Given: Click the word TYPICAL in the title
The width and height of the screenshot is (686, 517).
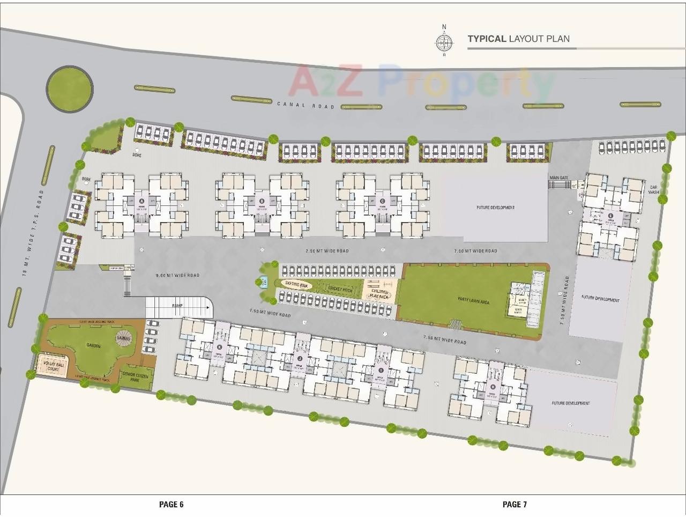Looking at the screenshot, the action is pos(487,39).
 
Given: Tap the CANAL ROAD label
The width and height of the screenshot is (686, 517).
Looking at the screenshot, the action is pos(305,106).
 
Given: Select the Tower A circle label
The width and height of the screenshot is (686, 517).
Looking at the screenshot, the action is pos(141,201).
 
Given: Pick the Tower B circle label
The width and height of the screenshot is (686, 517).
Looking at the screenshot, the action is pos(262,201).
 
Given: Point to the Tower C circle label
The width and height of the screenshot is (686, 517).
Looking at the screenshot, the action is pos(382,201).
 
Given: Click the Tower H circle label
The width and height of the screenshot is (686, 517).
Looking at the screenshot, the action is pos(492,387).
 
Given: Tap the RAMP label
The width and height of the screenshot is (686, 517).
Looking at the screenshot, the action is pos(177,305).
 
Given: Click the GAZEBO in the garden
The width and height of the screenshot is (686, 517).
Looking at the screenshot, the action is pos(126,338).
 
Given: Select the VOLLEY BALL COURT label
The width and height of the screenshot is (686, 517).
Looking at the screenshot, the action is pos(53,366).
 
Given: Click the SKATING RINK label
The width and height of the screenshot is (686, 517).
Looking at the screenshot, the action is pos(295,284).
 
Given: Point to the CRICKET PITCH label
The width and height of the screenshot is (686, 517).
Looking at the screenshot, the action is pos(340,290).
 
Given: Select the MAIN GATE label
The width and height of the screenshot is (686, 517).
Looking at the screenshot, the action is pos(558,178).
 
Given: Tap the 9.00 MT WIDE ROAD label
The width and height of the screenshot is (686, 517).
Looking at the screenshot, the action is pos(177,275).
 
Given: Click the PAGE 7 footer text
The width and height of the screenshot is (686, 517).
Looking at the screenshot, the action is pos(514,504).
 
